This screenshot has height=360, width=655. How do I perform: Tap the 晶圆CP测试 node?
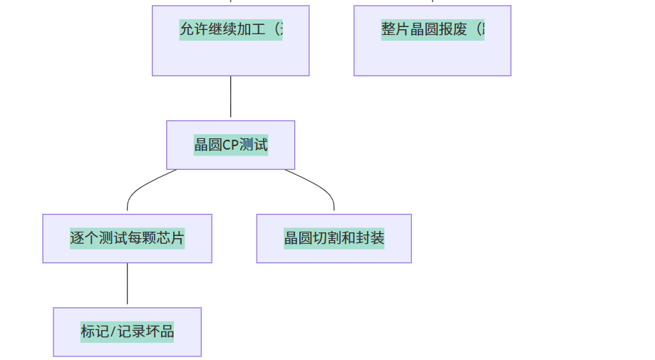tap(230, 145)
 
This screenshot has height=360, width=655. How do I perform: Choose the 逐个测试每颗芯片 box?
tap(127, 238)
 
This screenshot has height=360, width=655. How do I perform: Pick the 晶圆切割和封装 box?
tap(334, 238)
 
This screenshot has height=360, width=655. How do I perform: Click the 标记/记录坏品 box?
tap(127, 331)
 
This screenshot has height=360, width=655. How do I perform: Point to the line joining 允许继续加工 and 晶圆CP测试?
tap(230, 98)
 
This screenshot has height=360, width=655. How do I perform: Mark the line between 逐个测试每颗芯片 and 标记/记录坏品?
tap(127, 285)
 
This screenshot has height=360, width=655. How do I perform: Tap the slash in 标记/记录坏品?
tap(112, 331)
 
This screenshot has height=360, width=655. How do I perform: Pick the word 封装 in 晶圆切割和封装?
tap(372, 238)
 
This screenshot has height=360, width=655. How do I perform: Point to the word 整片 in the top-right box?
tap(395, 30)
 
